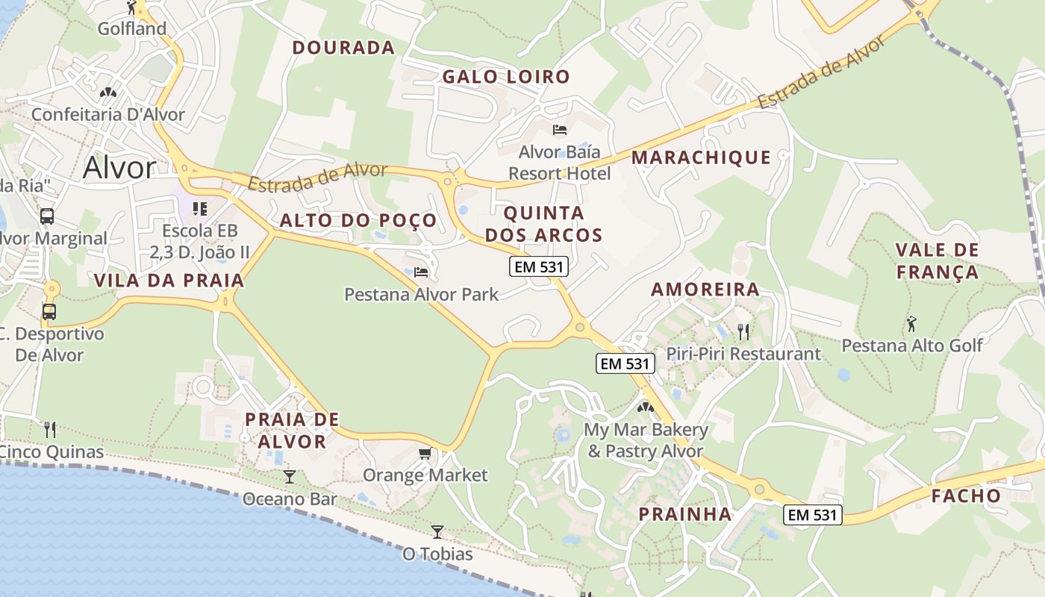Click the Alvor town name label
(119, 167)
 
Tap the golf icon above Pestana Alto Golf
(911, 324)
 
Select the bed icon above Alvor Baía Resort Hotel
(559, 130)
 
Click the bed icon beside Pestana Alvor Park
(421, 272)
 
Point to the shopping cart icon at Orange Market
(425, 453)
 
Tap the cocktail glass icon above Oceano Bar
(290, 476)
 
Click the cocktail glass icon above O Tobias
(437, 531)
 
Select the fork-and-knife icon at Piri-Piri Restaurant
(743, 331)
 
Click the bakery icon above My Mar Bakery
(646, 408)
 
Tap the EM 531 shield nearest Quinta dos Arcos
(539, 266)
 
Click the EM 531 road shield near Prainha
(813, 514)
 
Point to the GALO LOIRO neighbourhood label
(506, 77)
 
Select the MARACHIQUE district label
(701, 157)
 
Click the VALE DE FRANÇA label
(937, 260)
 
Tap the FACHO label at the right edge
(965, 496)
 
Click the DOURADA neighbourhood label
(343, 48)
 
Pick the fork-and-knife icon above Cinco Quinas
(50, 429)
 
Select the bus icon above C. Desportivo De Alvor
(49, 311)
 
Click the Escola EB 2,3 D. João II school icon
(199, 208)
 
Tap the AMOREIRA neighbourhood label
(705, 290)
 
